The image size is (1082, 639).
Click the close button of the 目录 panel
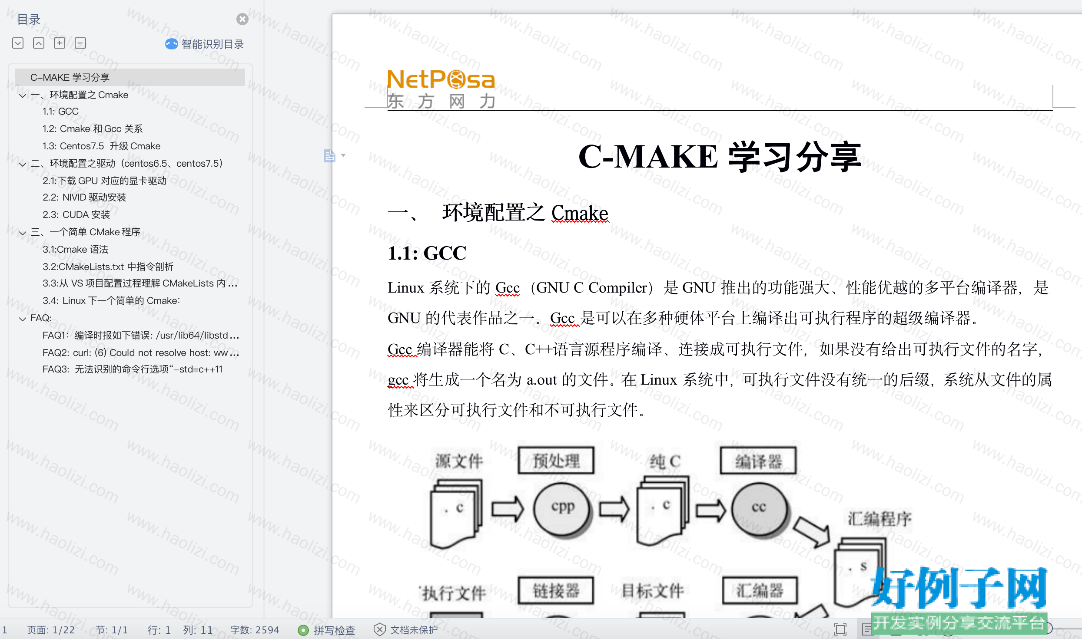pyautogui.click(x=242, y=19)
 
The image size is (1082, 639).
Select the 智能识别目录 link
pyautogui.click(x=204, y=44)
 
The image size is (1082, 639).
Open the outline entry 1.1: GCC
pyautogui.click(x=60, y=112)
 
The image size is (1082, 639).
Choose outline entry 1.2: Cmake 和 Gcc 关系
pyautogui.click(x=93, y=129)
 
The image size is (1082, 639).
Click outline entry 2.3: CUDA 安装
pyautogui.click(x=76, y=214)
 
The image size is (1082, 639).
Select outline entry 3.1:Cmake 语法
pyautogui.click(x=75, y=249)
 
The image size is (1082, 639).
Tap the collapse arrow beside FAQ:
pyautogui.click(x=23, y=319)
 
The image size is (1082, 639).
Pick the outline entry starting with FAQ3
pyautogui.click(x=133, y=369)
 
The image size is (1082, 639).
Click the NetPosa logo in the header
pyautogui.click(x=441, y=89)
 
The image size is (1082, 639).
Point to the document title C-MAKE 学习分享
pyautogui.click(x=720, y=156)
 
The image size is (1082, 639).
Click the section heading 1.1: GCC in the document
pyautogui.click(x=427, y=253)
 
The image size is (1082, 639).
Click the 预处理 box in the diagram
pyautogui.click(x=556, y=461)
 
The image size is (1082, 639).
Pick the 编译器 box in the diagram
pyautogui.click(x=758, y=461)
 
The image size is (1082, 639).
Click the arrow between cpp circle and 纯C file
pyautogui.click(x=614, y=509)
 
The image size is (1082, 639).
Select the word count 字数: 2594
pyautogui.click(x=255, y=630)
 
